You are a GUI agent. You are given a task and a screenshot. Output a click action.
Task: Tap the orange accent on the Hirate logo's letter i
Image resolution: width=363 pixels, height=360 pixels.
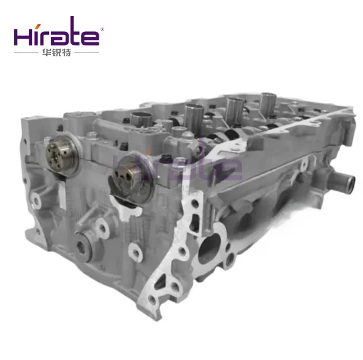tap(39, 26)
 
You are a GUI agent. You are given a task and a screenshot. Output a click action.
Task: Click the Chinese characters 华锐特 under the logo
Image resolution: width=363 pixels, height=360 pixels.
tap(56, 53)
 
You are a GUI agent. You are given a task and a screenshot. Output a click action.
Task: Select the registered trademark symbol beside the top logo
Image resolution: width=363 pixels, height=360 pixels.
tap(102, 29)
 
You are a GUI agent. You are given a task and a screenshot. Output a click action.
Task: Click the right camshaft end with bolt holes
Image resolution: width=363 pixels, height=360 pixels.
tap(131, 179)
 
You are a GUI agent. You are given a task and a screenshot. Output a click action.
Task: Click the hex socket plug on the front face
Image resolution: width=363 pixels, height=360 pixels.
tap(83, 247)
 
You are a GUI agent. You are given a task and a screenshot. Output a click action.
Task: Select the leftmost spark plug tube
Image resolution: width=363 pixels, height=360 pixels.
tap(141, 119)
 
